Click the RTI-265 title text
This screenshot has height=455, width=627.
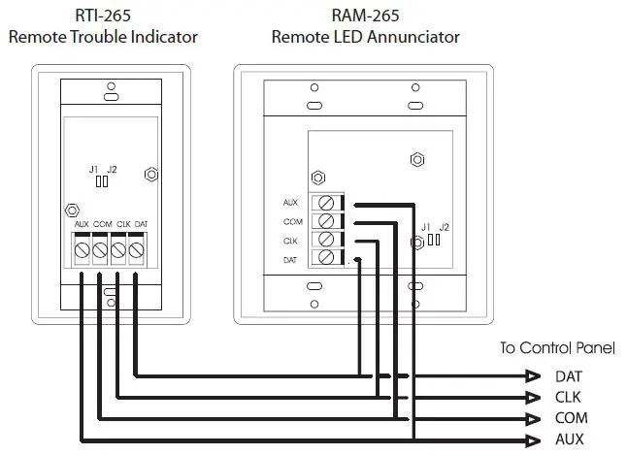click(103, 16)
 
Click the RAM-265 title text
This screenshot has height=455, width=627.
click(365, 16)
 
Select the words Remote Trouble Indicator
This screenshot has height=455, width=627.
click(103, 38)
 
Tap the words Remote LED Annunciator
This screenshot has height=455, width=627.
click(365, 38)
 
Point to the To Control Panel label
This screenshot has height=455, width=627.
click(557, 348)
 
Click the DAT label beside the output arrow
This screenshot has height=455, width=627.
click(569, 376)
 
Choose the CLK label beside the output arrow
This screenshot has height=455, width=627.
click(569, 398)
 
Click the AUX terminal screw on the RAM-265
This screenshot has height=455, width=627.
click(326, 204)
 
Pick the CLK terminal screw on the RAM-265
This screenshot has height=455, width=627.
click(326, 240)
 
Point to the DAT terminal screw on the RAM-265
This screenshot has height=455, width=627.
click(326, 258)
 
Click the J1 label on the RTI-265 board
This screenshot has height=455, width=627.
click(94, 170)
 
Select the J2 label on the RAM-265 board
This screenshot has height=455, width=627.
click(444, 227)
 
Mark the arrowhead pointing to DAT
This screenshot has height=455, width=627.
click(531, 376)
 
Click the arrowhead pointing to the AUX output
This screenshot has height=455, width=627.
click(531, 439)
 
